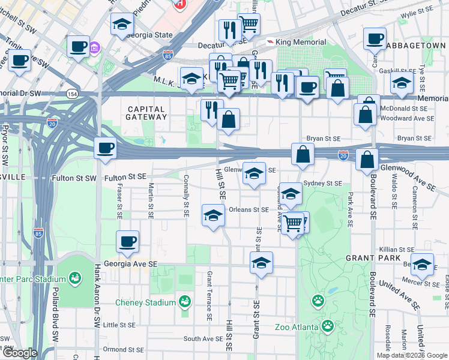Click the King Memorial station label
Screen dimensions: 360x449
pyautogui.click(x=302, y=42)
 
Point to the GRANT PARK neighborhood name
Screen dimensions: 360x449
pyautogui.click(x=369, y=257)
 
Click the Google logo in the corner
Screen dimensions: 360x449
pyautogui.click(x=20, y=353)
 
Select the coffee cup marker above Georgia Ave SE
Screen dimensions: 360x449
pyautogui.click(x=127, y=242)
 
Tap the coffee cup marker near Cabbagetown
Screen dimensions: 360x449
pyautogui.click(x=376, y=39)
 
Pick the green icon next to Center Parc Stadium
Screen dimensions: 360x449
pyautogui.click(x=75, y=278)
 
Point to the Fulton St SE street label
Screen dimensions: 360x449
pyautogui.click(x=125, y=178)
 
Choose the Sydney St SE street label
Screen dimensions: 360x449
pyautogui.click(x=323, y=183)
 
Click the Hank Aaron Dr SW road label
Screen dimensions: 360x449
pyautogui.click(x=96, y=297)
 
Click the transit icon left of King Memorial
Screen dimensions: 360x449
pyautogui.click(x=271, y=41)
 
